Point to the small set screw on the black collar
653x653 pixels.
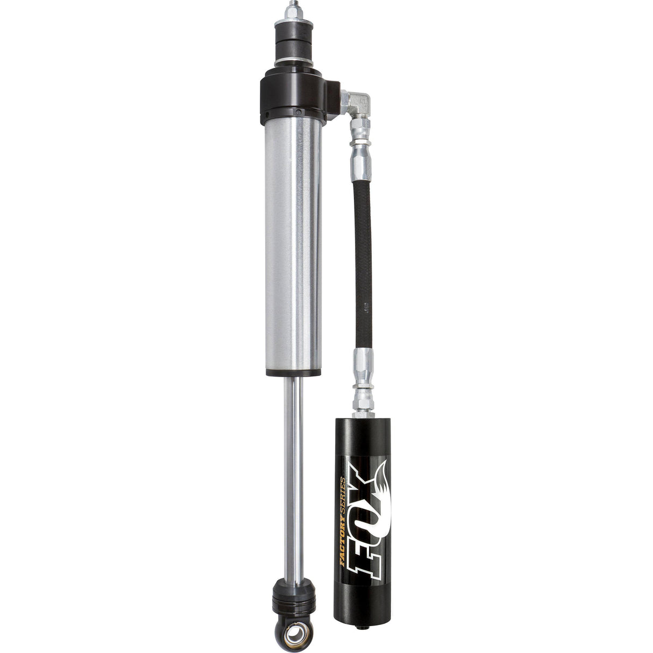pos(299,112)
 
